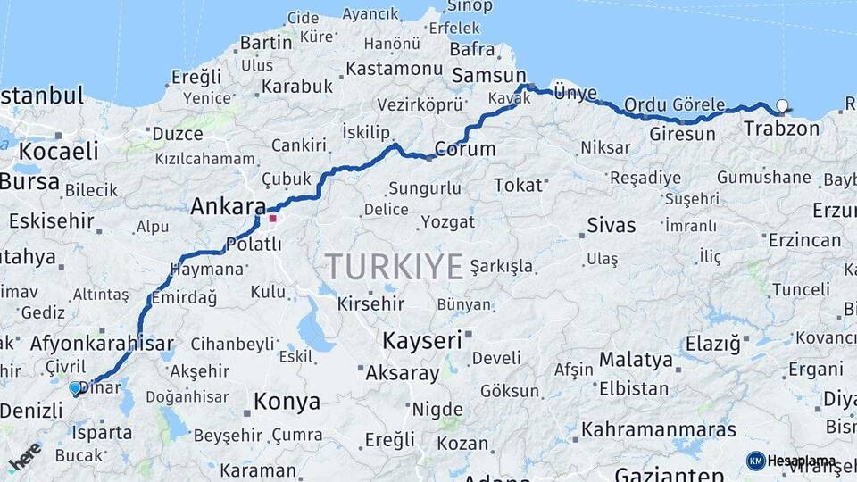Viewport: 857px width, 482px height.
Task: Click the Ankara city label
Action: pyautogui.click(x=228, y=207)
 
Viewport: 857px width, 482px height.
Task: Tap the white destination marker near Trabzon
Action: pyautogui.click(x=783, y=106)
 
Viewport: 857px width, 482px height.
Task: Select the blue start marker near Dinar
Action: pyautogui.click(x=75, y=388)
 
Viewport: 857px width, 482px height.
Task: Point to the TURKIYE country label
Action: pyautogui.click(x=394, y=266)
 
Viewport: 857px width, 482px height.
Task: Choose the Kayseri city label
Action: pyautogui.click(x=422, y=340)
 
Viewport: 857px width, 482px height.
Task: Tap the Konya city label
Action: pyautogui.click(x=287, y=402)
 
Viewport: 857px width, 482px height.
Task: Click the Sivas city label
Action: pyautogui.click(x=612, y=225)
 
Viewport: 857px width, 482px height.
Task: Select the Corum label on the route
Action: pyautogui.click(x=464, y=149)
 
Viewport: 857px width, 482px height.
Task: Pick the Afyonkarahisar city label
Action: pyautogui.click(x=102, y=344)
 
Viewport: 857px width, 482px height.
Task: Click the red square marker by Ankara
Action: pyautogui.click(x=272, y=218)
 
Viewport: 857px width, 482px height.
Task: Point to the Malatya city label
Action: pyautogui.click(x=636, y=361)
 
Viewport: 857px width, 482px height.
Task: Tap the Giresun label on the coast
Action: pyautogui.click(x=683, y=135)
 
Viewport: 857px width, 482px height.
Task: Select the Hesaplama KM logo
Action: pyautogui.click(x=790, y=461)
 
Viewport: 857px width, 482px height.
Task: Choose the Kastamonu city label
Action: pyautogui.click(x=394, y=69)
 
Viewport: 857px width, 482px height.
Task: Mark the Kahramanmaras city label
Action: pyautogui.click(x=659, y=430)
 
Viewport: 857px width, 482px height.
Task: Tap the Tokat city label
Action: pyautogui.click(x=518, y=186)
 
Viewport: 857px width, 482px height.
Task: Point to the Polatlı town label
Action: pyautogui.click(x=254, y=244)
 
